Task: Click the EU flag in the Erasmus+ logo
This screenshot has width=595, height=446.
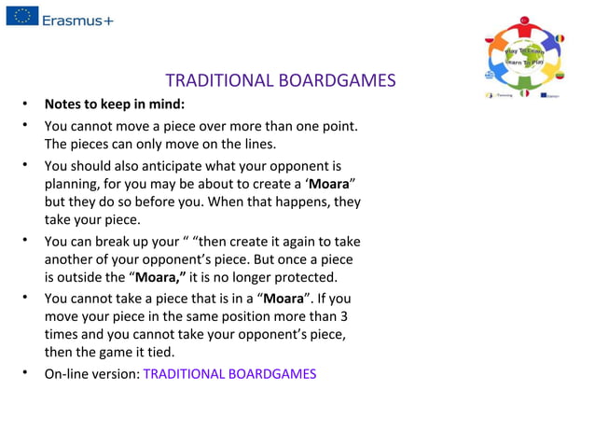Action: (x=22, y=16)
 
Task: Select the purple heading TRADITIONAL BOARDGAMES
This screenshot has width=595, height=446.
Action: (x=280, y=81)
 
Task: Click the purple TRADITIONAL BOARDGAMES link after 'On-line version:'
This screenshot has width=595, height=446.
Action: (x=229, y=374)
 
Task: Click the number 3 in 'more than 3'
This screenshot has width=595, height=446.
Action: (x=344, y=316)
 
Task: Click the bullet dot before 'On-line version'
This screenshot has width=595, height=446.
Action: (x=28, y=374)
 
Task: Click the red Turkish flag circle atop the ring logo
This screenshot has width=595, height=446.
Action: (x=524, y=20)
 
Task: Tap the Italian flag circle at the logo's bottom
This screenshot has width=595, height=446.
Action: (x=525, y=93)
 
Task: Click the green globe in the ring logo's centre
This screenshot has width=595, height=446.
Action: (x=524, y=57)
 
